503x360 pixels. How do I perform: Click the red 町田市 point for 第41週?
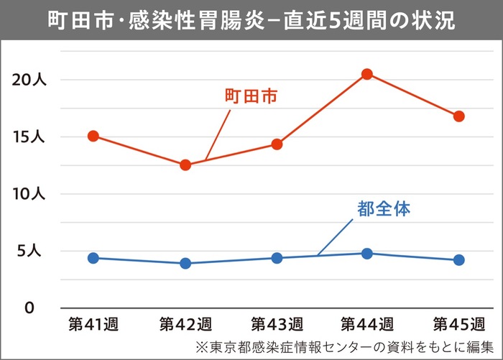(x=93, y=136)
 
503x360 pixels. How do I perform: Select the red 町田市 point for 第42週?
(x=185, y=165)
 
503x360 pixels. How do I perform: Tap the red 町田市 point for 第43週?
(x=277, y=144)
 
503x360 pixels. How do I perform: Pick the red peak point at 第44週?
(x=367, y=74)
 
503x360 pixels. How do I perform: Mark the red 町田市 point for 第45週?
(x=458, y=116)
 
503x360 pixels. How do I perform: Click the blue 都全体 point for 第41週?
(x=93, y=258)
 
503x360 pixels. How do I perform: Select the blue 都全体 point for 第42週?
(x=185, y=263)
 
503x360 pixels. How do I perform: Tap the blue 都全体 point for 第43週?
(x=277, y=258)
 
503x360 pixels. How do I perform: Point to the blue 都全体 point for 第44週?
(x=367, y=253)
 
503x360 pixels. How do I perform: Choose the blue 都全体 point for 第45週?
(x=458, y=259)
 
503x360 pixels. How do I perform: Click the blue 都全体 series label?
(x=383, y=210)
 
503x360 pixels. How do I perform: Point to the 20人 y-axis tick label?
(x=29, y=79)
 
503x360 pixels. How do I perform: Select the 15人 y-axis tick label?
(x=29, y=137)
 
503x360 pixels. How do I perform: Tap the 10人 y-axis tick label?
(x=29, y=194)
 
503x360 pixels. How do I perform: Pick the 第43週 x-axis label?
(x=277, y=321)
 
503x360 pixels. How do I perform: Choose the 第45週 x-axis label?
(x=458, y=321)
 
